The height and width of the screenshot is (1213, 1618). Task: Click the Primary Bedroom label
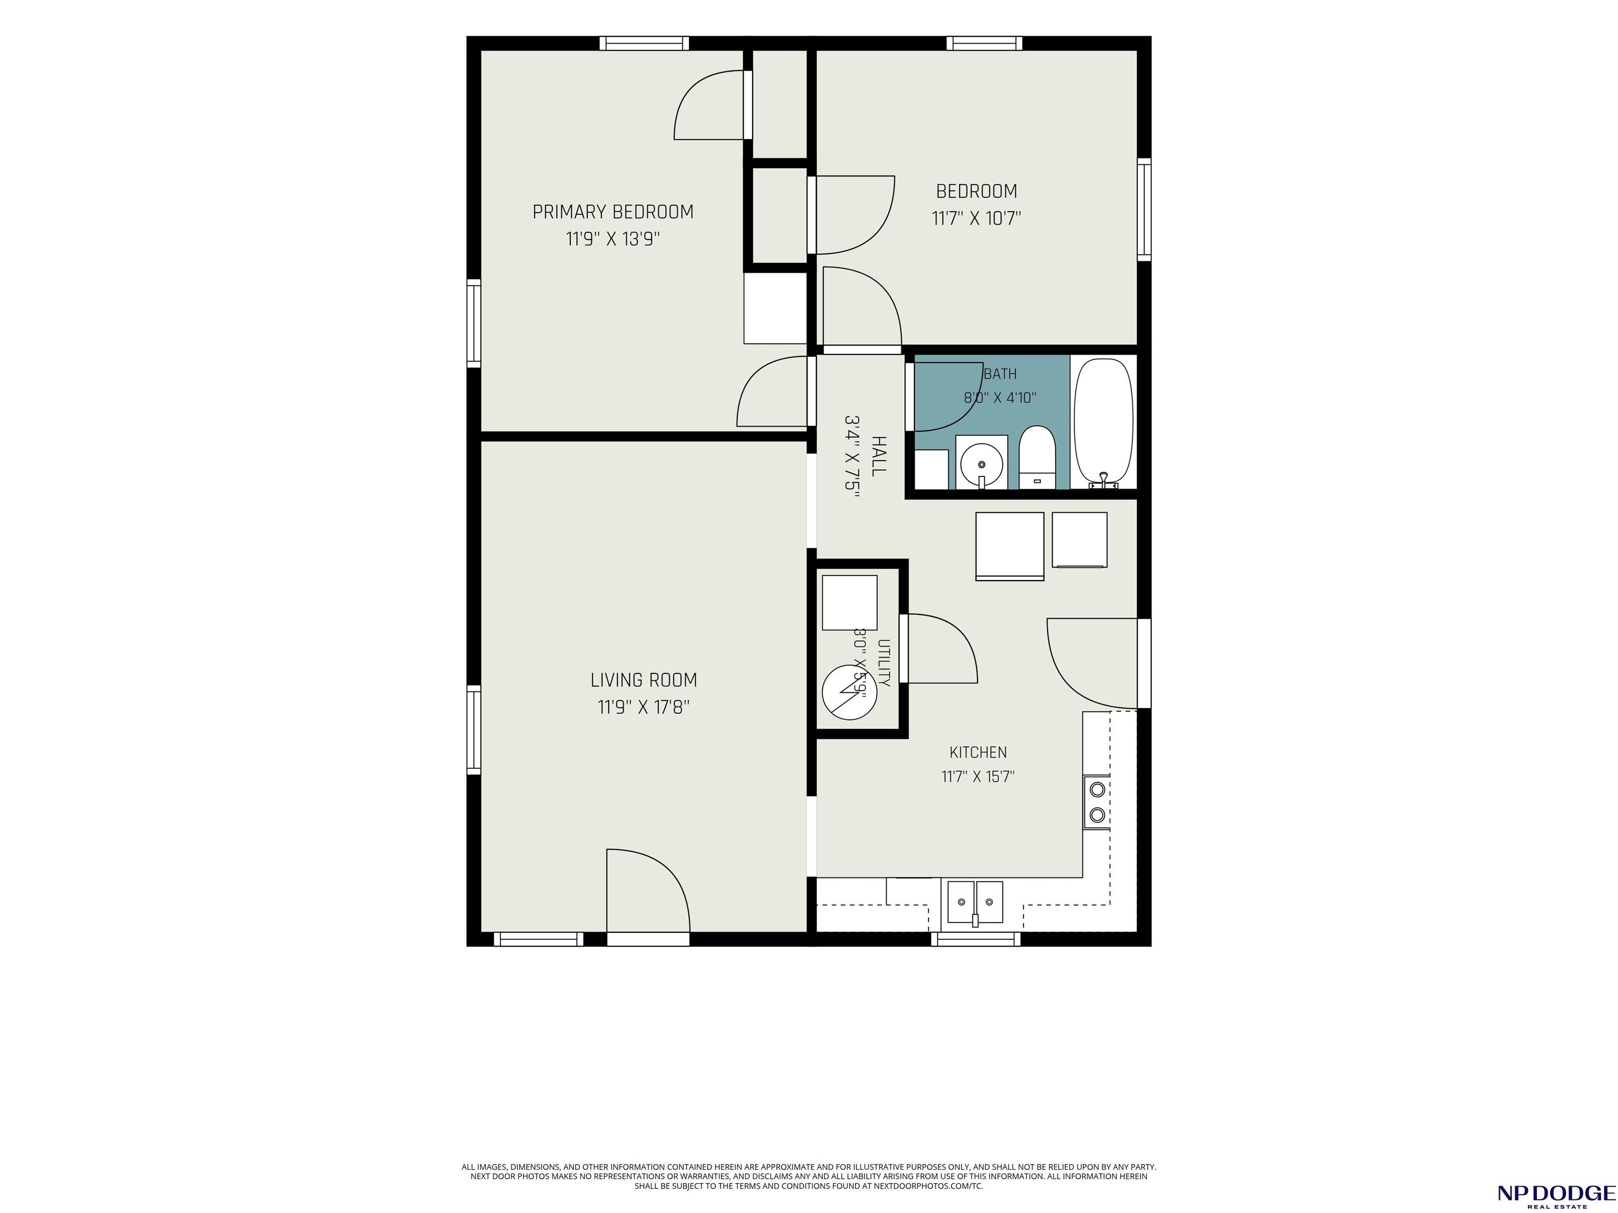pos(613,212)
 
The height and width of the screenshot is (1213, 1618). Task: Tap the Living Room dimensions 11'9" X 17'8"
pos(644,707)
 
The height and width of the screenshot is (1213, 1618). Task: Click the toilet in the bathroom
pos(1037,457)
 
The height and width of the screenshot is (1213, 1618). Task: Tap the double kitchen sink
pos(975,902)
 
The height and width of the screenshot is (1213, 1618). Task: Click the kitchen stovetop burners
pos(1097,801)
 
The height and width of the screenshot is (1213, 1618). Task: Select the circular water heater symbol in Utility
pos(849,693)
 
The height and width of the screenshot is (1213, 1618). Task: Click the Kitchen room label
pos(978,752)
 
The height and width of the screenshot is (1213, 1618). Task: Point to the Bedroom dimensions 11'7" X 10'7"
pos(976,218)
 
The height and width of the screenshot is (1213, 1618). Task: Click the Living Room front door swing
pos(648,891)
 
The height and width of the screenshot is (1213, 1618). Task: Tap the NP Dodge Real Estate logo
pos(1556,1195)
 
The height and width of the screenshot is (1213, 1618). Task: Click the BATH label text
pos(1000,374)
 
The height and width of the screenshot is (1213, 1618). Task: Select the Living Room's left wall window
pos(474,730)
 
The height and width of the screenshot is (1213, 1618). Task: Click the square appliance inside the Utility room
pos(849,602)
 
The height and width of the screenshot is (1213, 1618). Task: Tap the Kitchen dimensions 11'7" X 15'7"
pos(978,777)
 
